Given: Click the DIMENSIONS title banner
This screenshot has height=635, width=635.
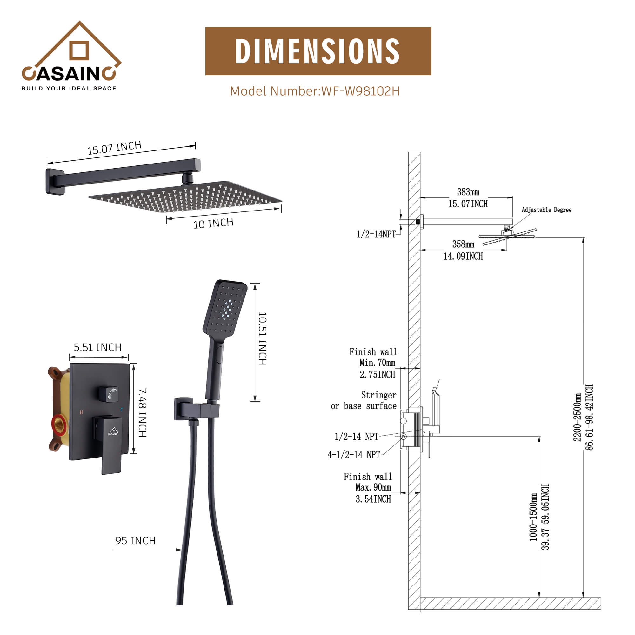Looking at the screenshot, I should (318, 51).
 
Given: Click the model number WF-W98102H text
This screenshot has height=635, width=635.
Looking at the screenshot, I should (315, 91).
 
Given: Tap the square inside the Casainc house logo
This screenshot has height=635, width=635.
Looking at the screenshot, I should (79, 50).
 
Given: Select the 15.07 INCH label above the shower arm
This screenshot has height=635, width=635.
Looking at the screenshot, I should (114, 148).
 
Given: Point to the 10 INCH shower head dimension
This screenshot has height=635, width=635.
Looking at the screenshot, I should (213, 224).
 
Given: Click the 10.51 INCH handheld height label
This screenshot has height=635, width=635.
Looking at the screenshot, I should (262, 338).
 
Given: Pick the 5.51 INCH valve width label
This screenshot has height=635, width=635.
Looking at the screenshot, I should (97, 347).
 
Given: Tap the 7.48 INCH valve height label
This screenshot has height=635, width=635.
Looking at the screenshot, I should (142, 412).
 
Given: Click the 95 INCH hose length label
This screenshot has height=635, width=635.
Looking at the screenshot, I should (135, 540).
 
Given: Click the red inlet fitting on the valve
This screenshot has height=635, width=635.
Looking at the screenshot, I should (59, 424).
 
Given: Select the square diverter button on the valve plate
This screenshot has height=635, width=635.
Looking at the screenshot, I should (109, 393).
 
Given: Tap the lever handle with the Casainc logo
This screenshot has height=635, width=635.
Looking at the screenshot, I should (111, 440).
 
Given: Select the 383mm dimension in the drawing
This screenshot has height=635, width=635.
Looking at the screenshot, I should (468, 192).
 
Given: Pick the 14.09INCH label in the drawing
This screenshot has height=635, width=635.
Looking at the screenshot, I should (463, 256).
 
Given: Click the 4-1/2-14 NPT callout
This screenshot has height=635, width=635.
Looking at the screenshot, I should (354, 455).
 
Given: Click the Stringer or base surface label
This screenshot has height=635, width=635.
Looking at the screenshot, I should (364, 400).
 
